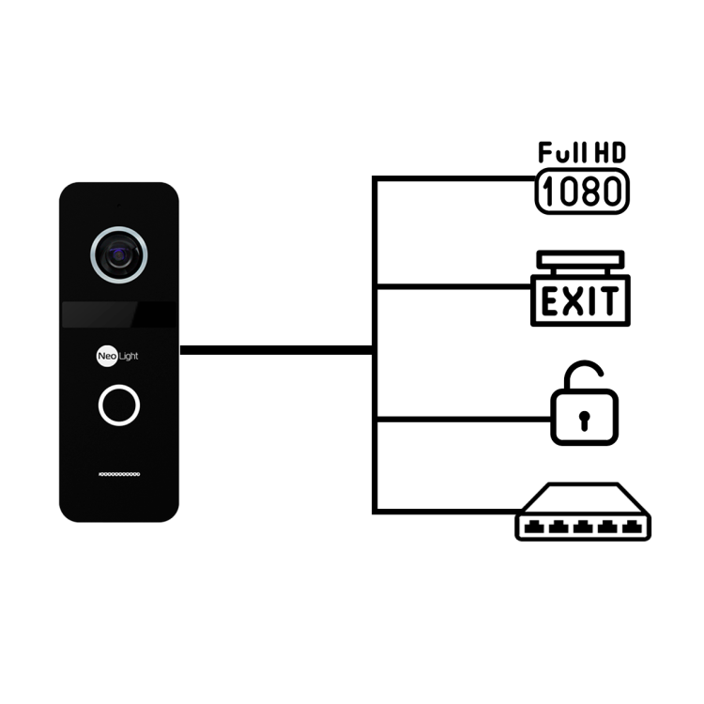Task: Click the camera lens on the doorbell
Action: (x=119, y=255)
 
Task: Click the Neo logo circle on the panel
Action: (x=107, y=356)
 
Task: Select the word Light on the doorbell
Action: (x=129, y=356)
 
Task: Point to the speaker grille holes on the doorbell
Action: (x=119, y=474)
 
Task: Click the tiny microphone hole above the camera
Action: (x=119, y=206)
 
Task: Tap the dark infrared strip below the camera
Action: (x=119, y=314)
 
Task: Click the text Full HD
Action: (x=582, y=153)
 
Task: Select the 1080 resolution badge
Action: (x=582, y=191)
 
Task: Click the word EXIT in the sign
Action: (x=580, y=300)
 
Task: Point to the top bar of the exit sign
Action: (x=580, y=259)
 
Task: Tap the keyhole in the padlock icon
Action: (x=584, y=421)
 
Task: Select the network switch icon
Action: (x=583, y=512)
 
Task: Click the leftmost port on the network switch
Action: (x=534, y=527)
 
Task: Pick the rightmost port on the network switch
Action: (x=632, y=527)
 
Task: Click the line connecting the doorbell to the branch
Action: (x=276, y=350)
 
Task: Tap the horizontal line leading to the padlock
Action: (x=464, y=420)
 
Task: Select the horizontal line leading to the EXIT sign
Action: (x=453, y=286)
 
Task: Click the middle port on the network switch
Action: (x=583, y=527)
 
